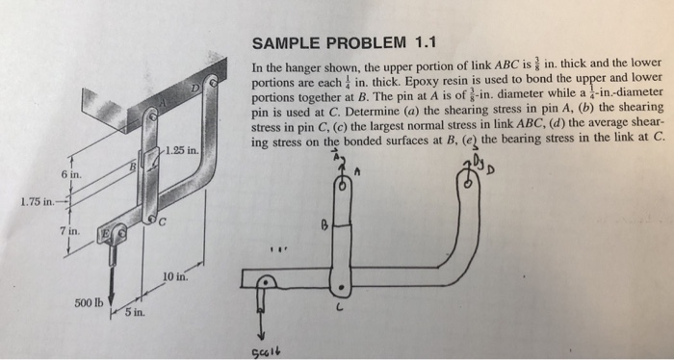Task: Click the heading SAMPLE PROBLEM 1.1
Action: tap(344, 42)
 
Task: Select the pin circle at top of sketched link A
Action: tap(341, 192)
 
